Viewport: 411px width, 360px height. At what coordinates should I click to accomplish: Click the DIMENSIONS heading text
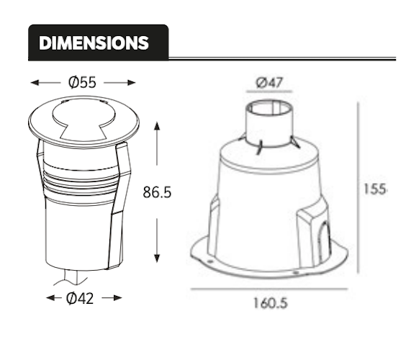pos(94,42)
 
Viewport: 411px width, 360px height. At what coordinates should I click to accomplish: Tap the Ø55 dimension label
pos(82,82)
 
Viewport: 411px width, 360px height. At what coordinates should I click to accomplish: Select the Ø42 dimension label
pos(82,298)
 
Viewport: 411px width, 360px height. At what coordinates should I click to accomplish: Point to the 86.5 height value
pos(158,193)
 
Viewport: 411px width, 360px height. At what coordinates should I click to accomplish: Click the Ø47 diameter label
pos(269,82)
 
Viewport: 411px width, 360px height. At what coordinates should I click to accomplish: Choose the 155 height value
pos(374,189)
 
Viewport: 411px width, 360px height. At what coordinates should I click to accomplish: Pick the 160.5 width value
pos(269,303)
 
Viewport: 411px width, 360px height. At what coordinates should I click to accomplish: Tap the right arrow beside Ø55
pos(119,82)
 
